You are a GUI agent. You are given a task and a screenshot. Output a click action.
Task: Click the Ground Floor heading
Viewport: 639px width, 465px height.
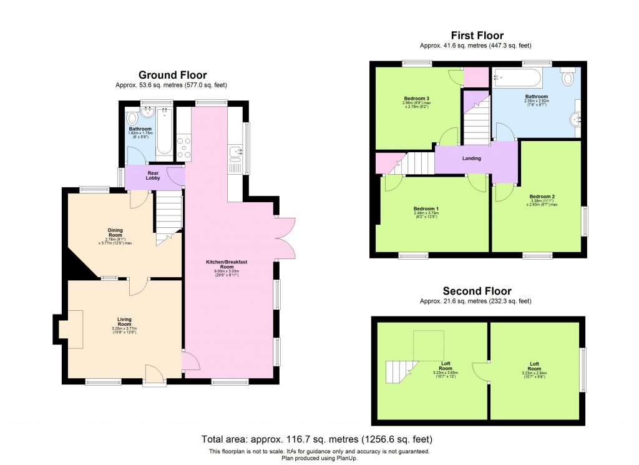point(173,75)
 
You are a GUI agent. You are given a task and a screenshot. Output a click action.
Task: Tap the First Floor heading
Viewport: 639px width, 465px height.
point(477,36)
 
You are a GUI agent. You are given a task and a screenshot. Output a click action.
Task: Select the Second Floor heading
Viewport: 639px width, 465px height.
point(477,291)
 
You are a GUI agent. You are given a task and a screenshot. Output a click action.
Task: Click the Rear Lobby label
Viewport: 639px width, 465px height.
point(154,175)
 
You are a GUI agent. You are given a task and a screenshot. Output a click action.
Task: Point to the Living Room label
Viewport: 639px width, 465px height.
point(125,321)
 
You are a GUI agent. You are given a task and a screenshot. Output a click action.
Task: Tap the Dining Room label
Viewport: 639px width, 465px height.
point(115,233)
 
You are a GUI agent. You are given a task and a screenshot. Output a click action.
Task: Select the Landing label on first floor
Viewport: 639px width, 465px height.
point(471,159)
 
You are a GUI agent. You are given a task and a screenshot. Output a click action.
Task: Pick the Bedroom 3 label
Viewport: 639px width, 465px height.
point(416,99)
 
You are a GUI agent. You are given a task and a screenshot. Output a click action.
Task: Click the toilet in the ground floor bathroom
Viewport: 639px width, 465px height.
point(132,118)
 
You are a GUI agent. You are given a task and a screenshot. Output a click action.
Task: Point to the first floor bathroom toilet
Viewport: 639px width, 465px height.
point(568,78)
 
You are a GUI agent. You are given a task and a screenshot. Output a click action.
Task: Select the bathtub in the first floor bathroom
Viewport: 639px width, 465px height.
point(518,78)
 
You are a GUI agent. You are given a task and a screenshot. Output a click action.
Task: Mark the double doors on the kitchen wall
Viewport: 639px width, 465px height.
point(285,238)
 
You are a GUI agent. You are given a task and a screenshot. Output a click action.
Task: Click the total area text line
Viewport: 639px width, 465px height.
point(317,439)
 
